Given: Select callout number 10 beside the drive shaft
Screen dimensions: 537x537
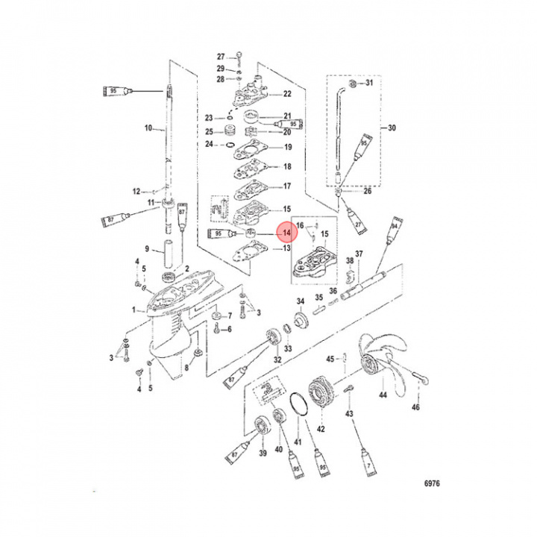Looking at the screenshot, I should [148, 128].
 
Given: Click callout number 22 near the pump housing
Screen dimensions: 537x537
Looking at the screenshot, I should [287, 94].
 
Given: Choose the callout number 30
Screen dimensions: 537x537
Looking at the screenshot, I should [392, 128].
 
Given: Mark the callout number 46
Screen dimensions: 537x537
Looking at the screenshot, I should [416, 407].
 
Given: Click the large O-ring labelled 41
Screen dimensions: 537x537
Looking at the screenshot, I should [300, 406].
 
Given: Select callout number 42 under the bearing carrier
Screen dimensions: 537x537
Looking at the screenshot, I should [321, 428].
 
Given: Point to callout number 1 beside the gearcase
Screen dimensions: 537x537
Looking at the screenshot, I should [134, 310].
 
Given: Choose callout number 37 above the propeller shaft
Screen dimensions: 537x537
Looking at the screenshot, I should [359, 255].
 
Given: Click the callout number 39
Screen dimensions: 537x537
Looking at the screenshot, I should [263, 453].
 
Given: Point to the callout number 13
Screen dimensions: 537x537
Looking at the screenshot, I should [287, 249].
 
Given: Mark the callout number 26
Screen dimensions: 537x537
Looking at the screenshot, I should [367, 191].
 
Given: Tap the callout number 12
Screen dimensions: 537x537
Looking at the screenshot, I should [136, 191].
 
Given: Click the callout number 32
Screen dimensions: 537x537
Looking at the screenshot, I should [277, 359].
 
